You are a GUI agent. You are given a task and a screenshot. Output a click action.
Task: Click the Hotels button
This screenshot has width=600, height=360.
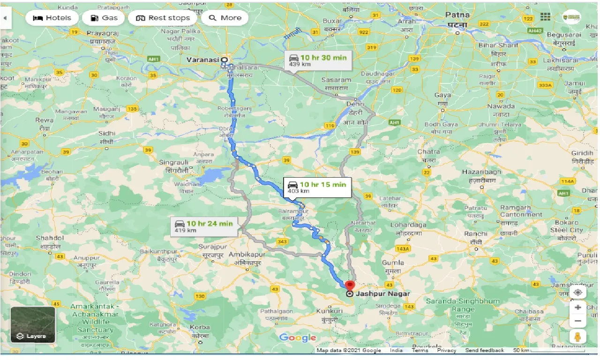(x=52, y=18)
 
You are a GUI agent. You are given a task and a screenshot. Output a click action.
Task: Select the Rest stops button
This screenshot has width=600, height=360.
(x=163, y=18)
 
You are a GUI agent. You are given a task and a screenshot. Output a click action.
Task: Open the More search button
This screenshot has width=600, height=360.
(x=225, y=18)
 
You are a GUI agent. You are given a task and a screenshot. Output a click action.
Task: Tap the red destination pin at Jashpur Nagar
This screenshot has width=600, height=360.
(x=350, y=285)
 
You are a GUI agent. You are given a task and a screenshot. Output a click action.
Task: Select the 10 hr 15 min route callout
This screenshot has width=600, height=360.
(x=317, y=187)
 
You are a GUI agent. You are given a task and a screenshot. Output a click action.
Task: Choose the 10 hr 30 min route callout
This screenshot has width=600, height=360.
(x=317, y=60)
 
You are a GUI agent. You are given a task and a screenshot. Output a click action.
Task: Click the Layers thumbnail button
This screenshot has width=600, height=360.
(x=33, y=324)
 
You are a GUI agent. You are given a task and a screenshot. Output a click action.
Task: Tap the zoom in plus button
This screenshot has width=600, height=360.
(x=578, y=307)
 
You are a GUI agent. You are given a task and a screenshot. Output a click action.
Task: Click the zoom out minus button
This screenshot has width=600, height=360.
(x=578, y=322)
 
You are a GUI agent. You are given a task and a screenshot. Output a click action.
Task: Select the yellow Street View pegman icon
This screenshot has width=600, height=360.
(x=578, y=337)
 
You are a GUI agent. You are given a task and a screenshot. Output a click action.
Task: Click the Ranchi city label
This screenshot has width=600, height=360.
(x=475, y=234)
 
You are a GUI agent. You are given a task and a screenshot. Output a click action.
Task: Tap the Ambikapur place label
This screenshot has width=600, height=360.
(x=247, y=254)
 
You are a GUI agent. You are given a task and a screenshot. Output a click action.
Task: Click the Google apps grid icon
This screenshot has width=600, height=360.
(x=545, y=17)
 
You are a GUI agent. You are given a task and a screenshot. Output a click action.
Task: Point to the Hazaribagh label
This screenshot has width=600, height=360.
(x=481, y=172)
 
